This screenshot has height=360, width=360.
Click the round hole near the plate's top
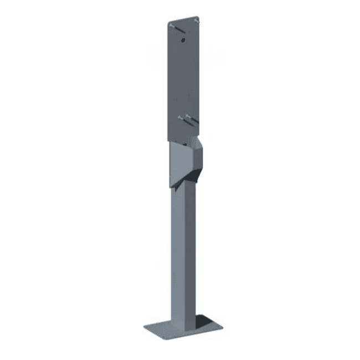[183, 39]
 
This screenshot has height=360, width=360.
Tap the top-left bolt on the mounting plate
[174, 25]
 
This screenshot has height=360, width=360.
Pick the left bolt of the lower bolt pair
[181, 117]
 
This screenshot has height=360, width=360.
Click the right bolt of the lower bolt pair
[189, 117]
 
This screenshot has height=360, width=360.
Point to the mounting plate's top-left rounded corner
[169, 24]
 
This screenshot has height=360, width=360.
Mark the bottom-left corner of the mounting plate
[169, 141]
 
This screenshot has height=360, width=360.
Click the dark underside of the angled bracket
[188, 181]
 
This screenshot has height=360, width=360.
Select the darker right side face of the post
[191, 249]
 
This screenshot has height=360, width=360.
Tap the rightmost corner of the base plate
[223, 325]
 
